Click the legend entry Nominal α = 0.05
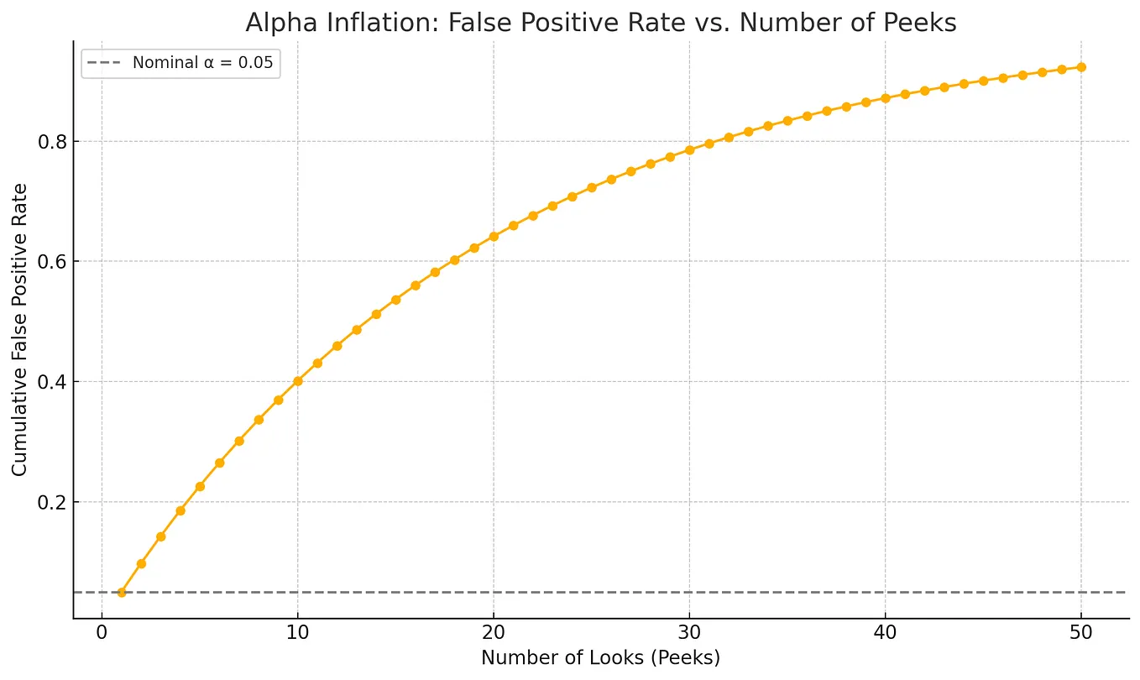[x=202, y=63]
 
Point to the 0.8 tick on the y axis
[x=52, y=141]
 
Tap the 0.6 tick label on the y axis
[x=52, y=261]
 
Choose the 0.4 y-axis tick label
[x=52, y=382]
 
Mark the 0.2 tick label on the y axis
[x=52, y=502]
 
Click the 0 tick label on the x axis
[x=102, y=631]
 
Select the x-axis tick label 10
[x=297, y=631]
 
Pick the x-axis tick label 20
[x=493, y=631]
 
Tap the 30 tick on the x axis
[x=689, y=631]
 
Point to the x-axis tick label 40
[x=885, y=631]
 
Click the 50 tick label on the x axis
[x=1081, y=631]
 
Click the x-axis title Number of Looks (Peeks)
[x=600, y=658]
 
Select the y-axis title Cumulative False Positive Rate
[x=19, y=330]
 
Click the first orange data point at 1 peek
[x=121, y=592]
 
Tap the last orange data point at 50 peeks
[x=1081, y=67]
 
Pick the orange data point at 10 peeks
[x=297, y=381]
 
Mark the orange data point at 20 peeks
[x=494, y=237]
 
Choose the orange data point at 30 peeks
[x=689, y=150]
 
